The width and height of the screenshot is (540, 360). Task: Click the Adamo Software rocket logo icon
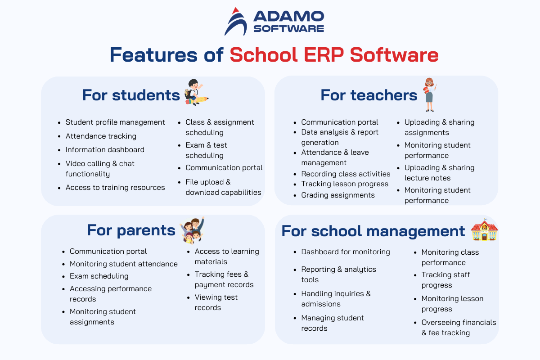236,22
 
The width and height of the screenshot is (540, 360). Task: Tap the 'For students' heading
131,95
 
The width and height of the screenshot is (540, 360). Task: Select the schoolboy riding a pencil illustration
196,92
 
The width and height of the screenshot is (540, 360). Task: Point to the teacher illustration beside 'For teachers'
430,94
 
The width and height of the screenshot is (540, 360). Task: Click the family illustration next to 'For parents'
193,230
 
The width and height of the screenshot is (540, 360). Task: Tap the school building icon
484,230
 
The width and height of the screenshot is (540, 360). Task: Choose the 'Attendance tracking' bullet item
101,136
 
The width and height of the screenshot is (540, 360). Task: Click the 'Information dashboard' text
105,150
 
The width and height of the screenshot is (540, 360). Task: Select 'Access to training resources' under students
115,187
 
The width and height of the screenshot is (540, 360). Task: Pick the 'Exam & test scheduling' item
206,150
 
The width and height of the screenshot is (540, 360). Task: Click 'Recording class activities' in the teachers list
346,174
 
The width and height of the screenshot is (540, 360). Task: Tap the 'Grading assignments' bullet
338,195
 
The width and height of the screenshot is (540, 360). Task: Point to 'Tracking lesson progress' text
345,184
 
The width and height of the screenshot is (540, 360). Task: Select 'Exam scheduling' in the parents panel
99,276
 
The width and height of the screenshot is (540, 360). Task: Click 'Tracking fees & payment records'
224,279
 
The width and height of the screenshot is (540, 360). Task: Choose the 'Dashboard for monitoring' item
346,252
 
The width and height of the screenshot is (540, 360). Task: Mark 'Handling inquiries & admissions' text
336,299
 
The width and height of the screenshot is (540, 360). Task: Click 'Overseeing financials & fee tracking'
459,328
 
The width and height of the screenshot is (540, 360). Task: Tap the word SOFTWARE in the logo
289,29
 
